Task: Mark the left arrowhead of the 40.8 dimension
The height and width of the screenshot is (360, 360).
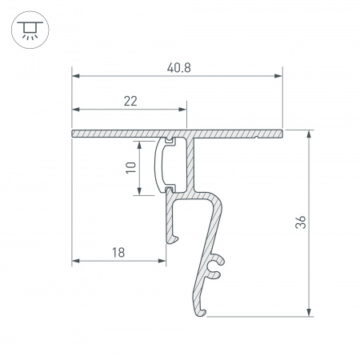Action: click(77, 77)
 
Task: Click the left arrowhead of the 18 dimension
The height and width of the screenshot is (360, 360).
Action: click(77, 261)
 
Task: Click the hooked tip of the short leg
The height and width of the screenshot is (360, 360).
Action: click(170, 238)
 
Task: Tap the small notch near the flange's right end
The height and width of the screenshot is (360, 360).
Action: click(255, 137)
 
